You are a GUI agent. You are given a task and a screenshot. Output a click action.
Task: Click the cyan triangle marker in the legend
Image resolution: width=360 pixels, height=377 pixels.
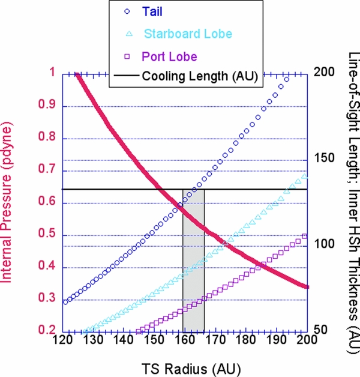pos(121,34)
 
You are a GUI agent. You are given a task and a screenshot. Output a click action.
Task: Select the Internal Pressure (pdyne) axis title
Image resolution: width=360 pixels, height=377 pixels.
pos(10,201)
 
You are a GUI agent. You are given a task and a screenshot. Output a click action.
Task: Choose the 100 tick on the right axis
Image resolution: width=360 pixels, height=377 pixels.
pos(320,245)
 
